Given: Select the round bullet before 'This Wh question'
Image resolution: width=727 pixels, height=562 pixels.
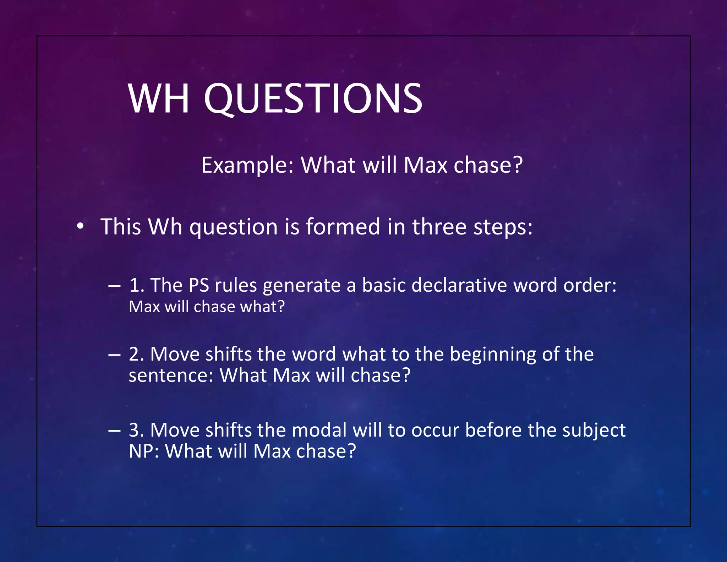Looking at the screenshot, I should pos(80,226).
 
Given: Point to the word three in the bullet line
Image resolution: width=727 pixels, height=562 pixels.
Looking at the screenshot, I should pos(439,227).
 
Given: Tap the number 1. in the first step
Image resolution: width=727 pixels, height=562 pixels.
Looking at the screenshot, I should pos(137,285).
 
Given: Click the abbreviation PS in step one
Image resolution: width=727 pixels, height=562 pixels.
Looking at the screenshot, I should pos(199,285).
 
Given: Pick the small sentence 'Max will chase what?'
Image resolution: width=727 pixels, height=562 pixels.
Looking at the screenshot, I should pos(207,307).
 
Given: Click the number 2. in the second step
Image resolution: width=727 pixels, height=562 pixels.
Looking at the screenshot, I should pos(137,354).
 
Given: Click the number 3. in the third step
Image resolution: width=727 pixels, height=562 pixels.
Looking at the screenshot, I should pos(137,430).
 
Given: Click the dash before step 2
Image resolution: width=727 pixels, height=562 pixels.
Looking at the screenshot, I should pos(114,355).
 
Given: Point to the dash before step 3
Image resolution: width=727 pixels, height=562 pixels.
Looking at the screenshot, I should pos(114,431).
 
